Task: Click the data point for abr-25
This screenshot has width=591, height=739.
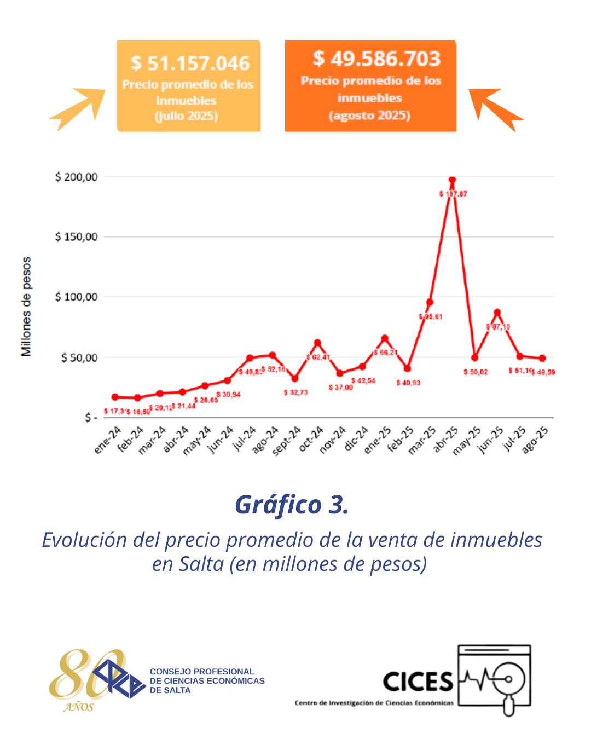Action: [x=452, y=180]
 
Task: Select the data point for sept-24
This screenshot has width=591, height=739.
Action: [x=295, y=378]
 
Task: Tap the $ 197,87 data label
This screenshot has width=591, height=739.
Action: [x=453, y=194]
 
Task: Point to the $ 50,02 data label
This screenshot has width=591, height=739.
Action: [x=476, y=372]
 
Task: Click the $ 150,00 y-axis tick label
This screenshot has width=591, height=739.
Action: [x=76, y=237]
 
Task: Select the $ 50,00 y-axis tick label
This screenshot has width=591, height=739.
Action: [x=79, y=357]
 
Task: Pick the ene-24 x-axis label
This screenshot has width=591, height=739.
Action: [x=107, y=440]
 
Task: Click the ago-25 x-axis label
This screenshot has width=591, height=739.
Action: [x=535, y=440]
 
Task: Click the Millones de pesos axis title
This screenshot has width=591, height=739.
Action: [x=26, y=307]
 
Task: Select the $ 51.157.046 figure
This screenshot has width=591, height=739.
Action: [x=190, y=63]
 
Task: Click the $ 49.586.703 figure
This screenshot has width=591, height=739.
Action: [x=376, y=59]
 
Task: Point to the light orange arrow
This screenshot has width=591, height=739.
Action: [x=79, y=108]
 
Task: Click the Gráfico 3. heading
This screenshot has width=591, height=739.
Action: [x=292, y=504]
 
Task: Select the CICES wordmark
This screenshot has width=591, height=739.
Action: [x=418, y=682]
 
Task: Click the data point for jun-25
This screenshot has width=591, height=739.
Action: [x=497, y=313]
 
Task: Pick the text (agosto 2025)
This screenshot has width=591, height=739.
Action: [x=369, y=116]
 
